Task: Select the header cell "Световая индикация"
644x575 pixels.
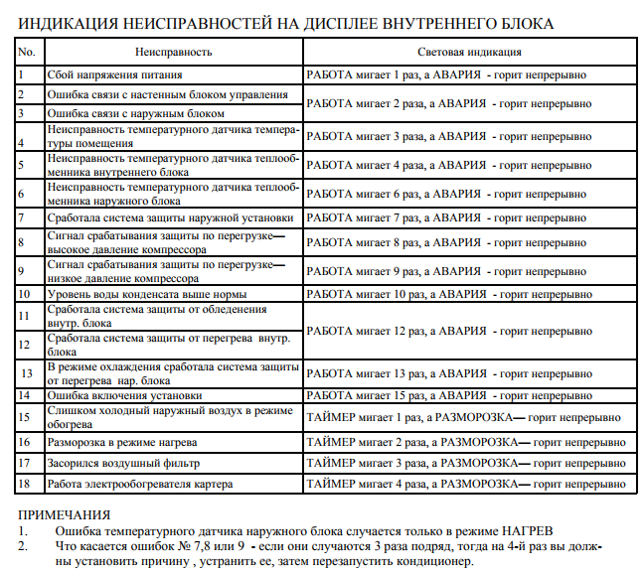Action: click(x=465, y=52)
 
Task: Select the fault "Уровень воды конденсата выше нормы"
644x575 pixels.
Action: click(x=146, y=294)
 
